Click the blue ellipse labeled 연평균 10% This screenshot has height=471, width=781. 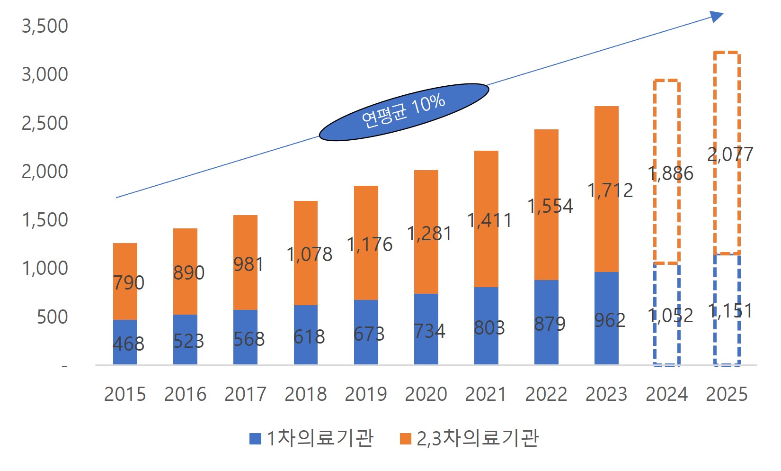(404, 112)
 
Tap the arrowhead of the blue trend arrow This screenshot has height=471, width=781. (718, 17)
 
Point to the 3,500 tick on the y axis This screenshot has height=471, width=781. (45, 26)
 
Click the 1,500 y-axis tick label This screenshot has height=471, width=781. (45, 220)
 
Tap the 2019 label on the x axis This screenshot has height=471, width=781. (365, 394)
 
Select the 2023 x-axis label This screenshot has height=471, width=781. (606, 394)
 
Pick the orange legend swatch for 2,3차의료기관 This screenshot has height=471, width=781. (405, 439)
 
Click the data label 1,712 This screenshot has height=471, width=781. (610, 190)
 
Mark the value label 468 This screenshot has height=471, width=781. (128, 344)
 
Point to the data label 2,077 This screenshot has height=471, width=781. (730, 154)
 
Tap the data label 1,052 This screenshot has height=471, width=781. (670, 316)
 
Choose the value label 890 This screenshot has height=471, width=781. (188, 273)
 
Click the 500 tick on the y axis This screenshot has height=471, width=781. (53, 317)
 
